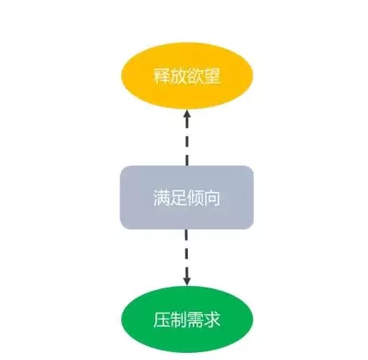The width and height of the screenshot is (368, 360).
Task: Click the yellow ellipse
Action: coord(187,76)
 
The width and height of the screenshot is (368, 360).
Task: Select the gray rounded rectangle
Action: coord(186,198)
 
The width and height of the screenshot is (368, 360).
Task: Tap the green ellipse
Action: coord(187,319)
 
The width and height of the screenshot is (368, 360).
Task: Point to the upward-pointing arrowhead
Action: coord(187,114)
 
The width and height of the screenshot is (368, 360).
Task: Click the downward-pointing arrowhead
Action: coord(187,281)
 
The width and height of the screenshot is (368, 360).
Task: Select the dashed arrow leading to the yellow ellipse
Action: coord(187,138)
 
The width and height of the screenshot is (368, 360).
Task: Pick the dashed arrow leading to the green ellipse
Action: coord(187,257)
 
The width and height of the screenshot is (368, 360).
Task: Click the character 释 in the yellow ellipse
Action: coord(162,76)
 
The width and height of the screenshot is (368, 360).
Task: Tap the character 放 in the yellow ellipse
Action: coord(178,76)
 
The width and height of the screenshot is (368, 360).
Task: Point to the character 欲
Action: coord(195,76)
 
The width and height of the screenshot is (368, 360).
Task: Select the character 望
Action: coord(212,76)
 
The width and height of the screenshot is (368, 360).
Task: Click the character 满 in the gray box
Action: coord(162,198)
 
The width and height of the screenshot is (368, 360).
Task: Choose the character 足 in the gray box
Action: coord(178,198)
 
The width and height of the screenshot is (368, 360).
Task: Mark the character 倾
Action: coord(195,198)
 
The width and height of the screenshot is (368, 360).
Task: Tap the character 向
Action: coord(212,198)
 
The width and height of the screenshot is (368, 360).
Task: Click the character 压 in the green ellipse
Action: coord(162,319)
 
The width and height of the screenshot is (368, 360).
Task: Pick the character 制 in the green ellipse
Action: coord(178,319)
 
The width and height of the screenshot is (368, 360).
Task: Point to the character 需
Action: coord(195,319)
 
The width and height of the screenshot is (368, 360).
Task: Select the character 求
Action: coord(212,319)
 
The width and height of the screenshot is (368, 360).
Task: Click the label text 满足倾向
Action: coord(186,198)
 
